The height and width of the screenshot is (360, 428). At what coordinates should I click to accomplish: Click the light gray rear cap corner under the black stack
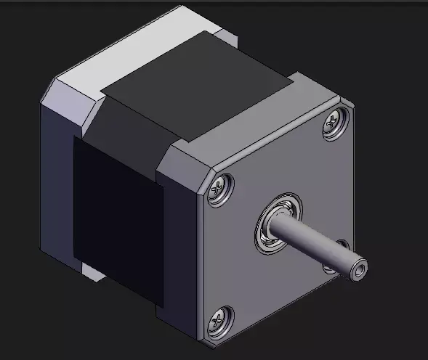pos(91,272)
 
